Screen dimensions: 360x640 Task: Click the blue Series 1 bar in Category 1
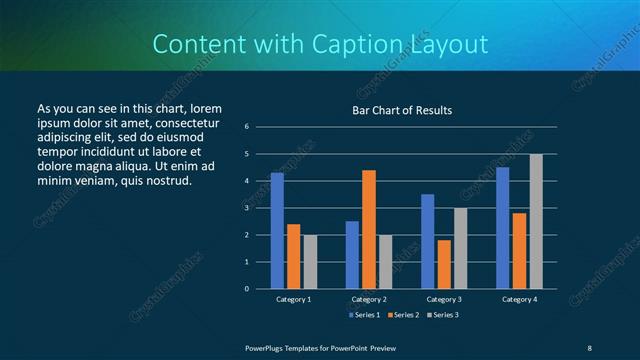[277, 231]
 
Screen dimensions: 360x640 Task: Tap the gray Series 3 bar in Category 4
[536, 221]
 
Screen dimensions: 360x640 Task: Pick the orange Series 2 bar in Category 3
[444, 264]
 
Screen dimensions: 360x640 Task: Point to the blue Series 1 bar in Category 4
[502, 228]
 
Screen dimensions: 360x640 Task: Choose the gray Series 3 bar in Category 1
[310, 262]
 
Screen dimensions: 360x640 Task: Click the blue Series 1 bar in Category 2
[352, 255]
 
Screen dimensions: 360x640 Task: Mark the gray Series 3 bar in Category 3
[460, 248]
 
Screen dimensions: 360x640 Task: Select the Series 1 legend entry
[363, 315]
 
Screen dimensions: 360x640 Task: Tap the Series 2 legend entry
[402, 315]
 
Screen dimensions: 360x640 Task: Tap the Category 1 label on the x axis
[293, 299]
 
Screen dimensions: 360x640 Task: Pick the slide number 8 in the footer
[590, 347]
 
